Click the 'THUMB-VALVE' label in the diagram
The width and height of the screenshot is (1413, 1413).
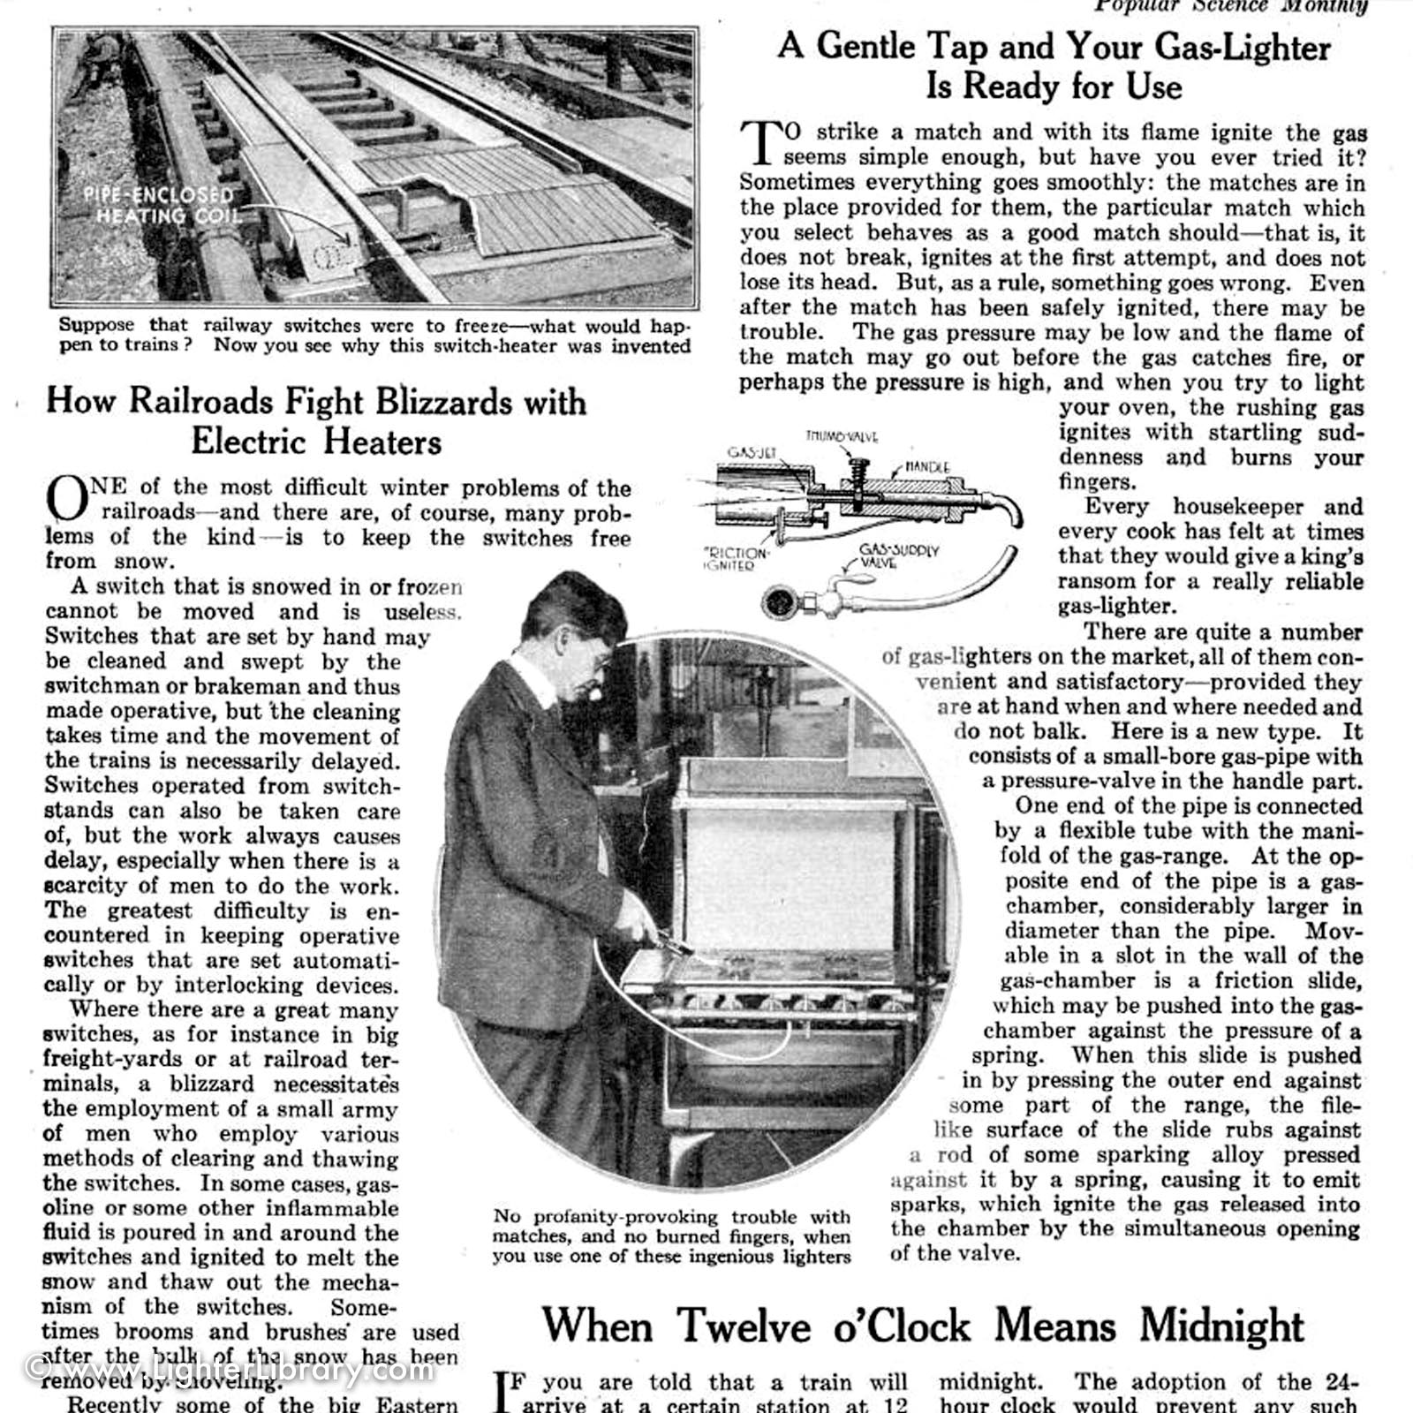point(841,436)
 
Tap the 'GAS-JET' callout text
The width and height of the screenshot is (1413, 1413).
point(752,453)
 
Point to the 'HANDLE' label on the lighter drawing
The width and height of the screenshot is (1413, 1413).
point(927,466)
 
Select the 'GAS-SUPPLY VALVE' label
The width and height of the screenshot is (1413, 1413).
point(899,555)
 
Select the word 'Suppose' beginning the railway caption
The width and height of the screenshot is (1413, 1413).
point(97,325)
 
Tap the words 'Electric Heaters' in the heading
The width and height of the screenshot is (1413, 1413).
point(315,442)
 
